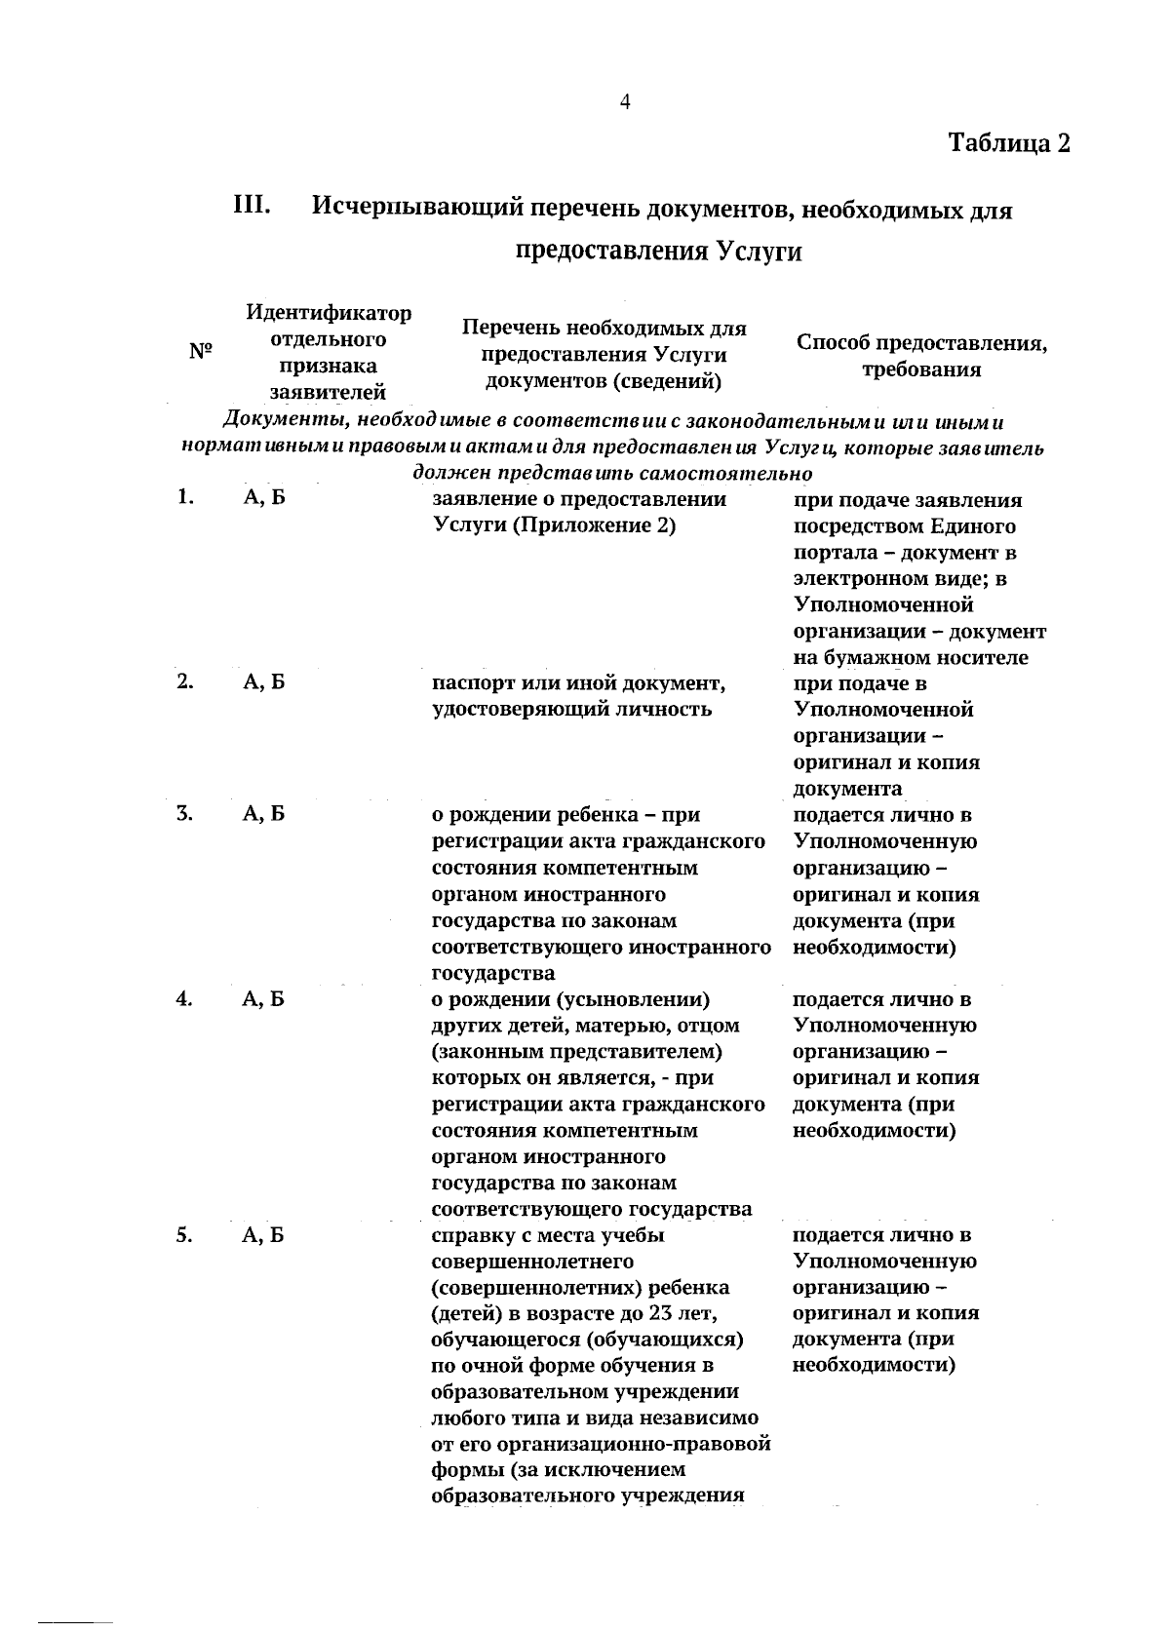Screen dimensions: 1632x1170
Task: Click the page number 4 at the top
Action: click(625, 101)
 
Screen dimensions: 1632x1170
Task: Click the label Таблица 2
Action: click(1009, 142)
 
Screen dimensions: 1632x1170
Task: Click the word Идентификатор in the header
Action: click(329, 313)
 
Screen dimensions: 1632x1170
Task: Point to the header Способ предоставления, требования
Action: click(921, 356)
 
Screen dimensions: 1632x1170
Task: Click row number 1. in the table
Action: click(186, 498)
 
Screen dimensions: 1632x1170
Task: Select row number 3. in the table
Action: click(186, 814)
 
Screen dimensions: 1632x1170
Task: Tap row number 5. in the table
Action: click(185, 1235)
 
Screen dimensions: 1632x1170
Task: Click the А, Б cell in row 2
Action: click(263, 682)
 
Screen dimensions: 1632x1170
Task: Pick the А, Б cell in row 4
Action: click(263, 999)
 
